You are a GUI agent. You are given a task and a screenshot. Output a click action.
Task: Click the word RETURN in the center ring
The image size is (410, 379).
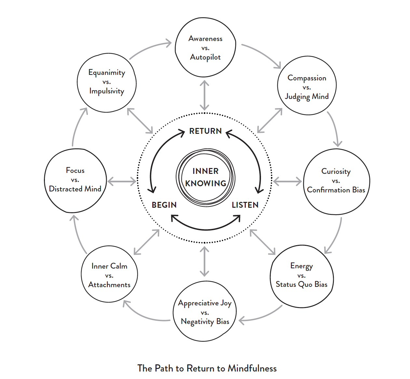[x=205, y=131]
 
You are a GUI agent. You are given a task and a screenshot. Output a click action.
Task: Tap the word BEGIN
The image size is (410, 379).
[x=164, y=205]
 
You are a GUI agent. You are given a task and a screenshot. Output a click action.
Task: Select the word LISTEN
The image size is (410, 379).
[x=245, y=205]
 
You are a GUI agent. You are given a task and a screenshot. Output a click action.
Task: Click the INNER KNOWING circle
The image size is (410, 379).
[x=205, y=177]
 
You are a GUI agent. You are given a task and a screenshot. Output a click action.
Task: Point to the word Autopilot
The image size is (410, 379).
[x=205, y=57]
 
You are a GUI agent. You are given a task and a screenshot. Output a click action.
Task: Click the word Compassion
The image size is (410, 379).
[x=307, y=78]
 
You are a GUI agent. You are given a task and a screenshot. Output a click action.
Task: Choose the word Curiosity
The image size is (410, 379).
[x=336, y=172]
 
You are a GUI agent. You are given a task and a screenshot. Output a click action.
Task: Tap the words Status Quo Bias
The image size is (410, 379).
[x=301, y=285]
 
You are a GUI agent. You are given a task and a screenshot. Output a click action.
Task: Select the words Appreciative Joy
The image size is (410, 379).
[x=205, y=303]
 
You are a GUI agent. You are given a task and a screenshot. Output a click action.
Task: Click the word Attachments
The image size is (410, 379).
[x=109, y=285]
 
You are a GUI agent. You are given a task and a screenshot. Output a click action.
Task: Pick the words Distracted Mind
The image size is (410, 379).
[x=75, y=189]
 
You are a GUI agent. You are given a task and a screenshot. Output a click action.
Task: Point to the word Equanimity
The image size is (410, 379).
[x=107, y=73]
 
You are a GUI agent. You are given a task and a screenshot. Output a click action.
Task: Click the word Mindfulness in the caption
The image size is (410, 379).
[x=252, y=369]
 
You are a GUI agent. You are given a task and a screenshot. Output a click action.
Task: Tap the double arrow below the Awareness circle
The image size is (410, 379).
[x=204, y=95]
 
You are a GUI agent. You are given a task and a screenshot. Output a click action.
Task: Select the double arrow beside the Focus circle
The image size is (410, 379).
[x=122, y=181]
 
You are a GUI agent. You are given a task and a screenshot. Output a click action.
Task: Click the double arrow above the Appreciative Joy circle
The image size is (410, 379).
[x=204, y=261]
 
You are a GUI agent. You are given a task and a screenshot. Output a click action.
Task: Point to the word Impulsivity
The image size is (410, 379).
[x=107, y=91]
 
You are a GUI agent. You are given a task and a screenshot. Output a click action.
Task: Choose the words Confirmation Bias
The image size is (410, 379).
[x=336, y=190]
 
